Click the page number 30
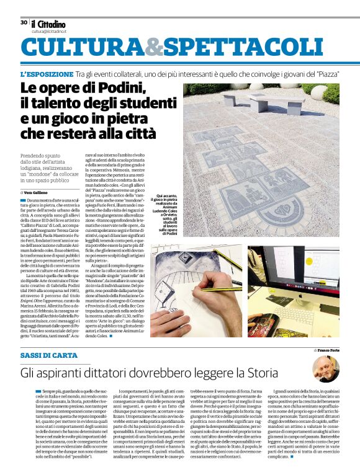pos(24,22)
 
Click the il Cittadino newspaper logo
pos(49,24)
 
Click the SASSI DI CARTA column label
pos(49,355)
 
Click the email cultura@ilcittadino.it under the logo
pos(50,31)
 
